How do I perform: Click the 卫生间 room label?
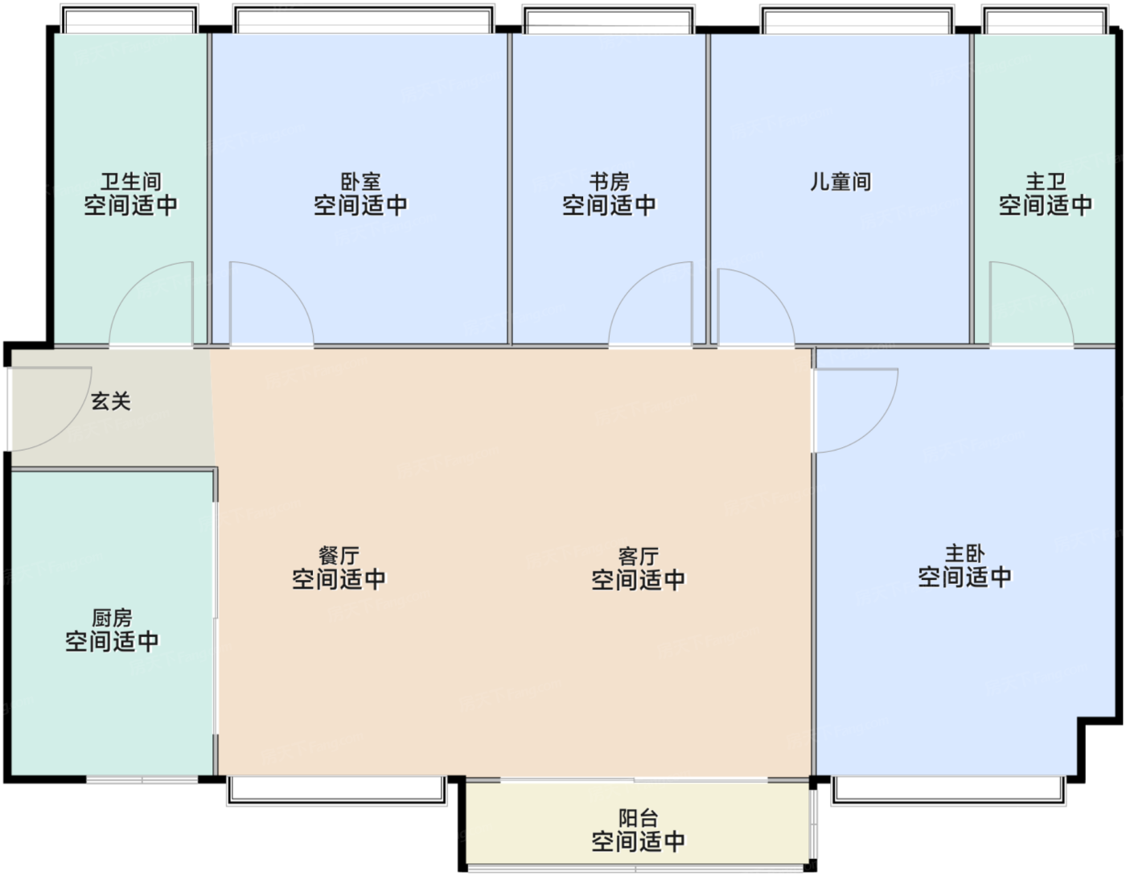[x=130, y=182]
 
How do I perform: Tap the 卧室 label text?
[x=360, y=182]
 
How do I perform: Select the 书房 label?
[x=609, y=182]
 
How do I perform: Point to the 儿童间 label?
[x=840, y=182]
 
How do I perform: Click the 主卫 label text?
[x=1046, y=182]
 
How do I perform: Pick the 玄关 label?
[x=111, y=401]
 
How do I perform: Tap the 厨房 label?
[x=112, y=618]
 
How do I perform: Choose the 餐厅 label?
[x=339, y=556]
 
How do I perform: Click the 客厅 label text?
[x=639, y=557]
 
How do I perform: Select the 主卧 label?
[x=964, y=553]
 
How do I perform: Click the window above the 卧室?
[x=364, y=19]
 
